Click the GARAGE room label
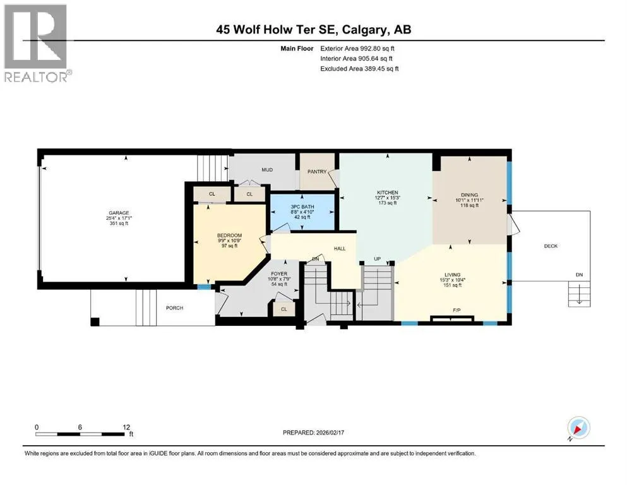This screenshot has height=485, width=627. point(119,213)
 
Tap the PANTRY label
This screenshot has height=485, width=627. point(317,172)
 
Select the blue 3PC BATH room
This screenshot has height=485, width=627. point(302,212)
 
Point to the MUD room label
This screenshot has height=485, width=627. point(267,169)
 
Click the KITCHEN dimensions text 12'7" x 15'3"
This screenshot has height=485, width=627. point(388,198)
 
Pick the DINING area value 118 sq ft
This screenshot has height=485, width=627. point(469,205)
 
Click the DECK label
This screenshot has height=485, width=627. point(551,246)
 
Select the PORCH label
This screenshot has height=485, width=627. point(174,308)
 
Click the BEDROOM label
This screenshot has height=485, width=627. point(230,235)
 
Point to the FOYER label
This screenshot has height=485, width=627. point(279,273)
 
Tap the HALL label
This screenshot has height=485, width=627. point(340,248)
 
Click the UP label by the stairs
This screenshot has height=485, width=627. point(377,259)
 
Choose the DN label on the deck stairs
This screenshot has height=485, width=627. point(579,275)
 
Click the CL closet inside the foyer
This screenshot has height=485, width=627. point(284,309)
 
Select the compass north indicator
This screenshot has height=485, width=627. point(578,428)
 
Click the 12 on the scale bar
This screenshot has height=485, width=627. point(126,427)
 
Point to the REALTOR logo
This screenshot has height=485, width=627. point(36,43)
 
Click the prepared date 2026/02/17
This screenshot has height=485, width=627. point(330,433)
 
